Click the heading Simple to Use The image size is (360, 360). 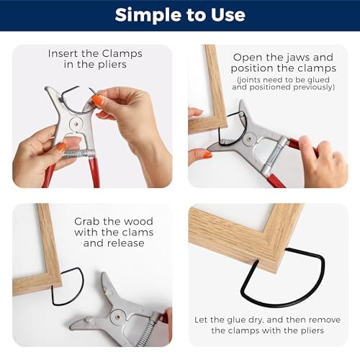coord(180,14)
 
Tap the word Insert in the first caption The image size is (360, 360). coord(63,53)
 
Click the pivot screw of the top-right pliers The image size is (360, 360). coord(249,138)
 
